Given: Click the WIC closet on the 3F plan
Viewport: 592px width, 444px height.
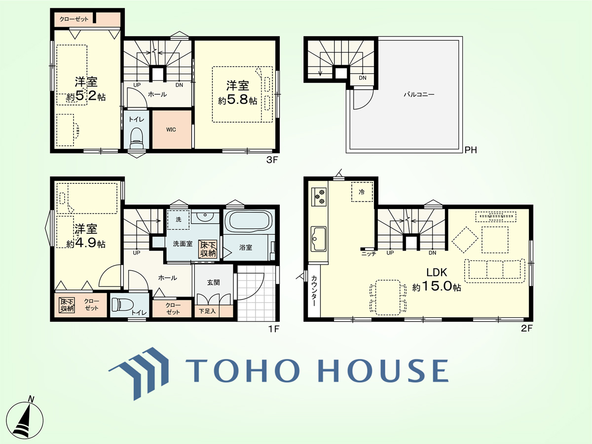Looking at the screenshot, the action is [172, 129].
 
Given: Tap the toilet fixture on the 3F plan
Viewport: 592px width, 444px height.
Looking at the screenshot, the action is [136, 138].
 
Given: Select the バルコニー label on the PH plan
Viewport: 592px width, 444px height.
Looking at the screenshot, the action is [419, 94].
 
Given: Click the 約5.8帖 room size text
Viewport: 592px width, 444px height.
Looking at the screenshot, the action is [237, 101].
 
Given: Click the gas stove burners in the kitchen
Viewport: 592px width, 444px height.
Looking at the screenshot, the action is [319, 196].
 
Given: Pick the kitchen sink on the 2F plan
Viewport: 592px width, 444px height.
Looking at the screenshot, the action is [319, 239].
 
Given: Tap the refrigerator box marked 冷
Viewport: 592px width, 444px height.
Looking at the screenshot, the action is [362, 192].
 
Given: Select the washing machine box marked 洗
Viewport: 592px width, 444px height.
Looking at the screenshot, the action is [178, 220].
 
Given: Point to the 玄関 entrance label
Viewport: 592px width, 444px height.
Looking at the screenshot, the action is [213, 282].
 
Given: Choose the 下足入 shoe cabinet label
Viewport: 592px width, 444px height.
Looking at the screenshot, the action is [207, 311].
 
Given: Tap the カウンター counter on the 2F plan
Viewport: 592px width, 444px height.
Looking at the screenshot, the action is [314, 291].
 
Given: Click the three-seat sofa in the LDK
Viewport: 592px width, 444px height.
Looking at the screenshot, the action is [495, 271].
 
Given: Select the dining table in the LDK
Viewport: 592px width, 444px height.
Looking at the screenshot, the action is [388, 297].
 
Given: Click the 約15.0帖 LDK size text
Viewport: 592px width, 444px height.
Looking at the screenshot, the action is [437, 286].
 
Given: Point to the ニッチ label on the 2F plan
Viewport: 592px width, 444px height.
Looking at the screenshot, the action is [369, 254].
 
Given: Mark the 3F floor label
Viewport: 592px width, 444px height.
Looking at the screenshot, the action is [272, 160].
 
